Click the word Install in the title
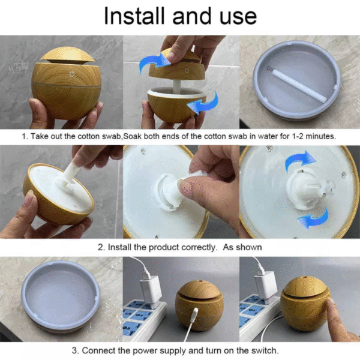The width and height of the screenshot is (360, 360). [x=134, y=16]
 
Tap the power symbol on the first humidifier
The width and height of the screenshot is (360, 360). [x=72, y=74]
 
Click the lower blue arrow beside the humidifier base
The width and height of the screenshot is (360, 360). [x=203, y=103]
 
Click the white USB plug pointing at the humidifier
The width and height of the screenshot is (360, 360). [x=194, y=313]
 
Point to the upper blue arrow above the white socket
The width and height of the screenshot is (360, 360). [x=300, y=160]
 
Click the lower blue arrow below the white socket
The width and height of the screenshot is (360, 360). [x=314, y=218]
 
